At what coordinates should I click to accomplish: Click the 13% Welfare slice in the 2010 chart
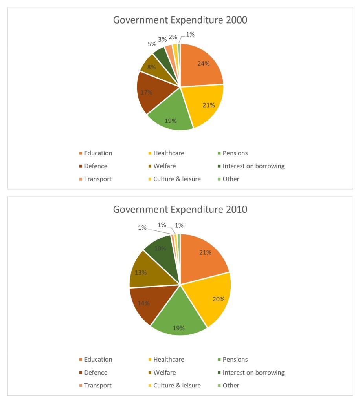143,272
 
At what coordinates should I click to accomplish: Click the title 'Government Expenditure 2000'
180,20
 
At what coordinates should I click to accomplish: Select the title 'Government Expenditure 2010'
180,209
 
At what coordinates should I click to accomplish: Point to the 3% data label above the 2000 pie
162,39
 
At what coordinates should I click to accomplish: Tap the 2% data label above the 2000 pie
173,37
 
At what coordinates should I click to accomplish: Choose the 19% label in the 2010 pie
179,328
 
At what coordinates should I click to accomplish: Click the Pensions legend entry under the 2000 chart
235,153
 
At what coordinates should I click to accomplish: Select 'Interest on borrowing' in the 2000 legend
253,166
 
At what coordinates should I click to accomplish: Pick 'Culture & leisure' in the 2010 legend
177,386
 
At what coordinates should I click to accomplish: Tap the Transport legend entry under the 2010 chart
97,386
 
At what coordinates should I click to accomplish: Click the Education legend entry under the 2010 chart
98,359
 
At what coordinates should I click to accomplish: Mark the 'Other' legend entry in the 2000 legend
231,179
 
